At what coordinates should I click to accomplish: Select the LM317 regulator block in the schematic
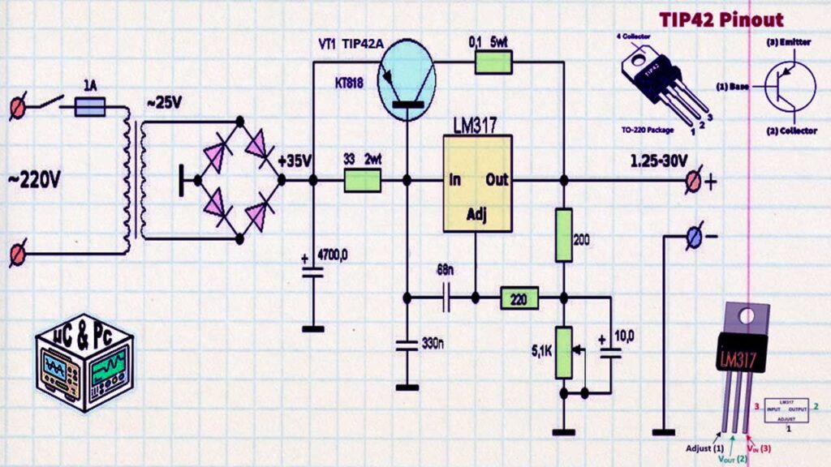[477, 183]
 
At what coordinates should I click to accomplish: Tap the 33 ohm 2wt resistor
[363, 181]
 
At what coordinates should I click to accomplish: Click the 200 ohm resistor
[564, 234]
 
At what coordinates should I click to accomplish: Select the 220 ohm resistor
[519, 298]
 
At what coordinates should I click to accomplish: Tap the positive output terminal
[695, 182]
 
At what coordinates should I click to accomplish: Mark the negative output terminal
[695, 237]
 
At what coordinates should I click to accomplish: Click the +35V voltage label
[294, 161]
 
